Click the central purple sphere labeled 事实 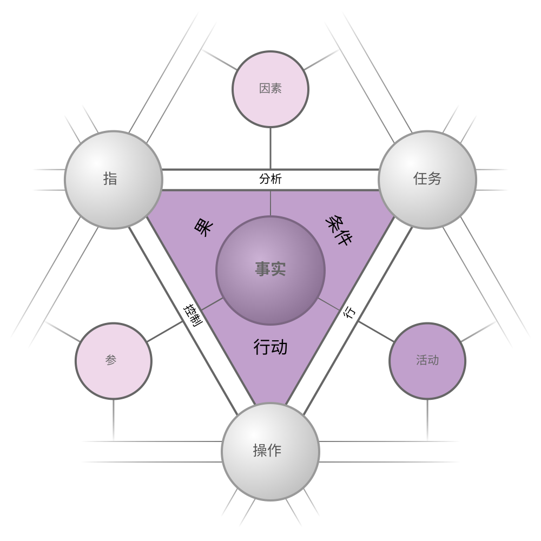(270, 270)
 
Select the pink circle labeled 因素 (270, 89)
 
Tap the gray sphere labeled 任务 (427, 180)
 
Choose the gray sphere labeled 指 (114, 180)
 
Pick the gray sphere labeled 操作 (270, 452)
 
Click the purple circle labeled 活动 (427, 361)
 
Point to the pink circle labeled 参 (114, 361)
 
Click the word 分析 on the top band (270, 179)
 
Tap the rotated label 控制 (193, 315)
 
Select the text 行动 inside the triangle (270, 347)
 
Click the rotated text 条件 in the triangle (339, 230)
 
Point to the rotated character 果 (204, 228)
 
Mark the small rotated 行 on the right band (350, 312)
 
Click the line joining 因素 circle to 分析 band (270, 149)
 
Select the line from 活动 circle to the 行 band (376, 332)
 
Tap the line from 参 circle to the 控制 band (165, 332)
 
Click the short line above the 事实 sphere (270, 203)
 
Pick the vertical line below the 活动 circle (427, 420)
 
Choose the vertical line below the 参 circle (114, 420)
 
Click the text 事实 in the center (270, 269)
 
